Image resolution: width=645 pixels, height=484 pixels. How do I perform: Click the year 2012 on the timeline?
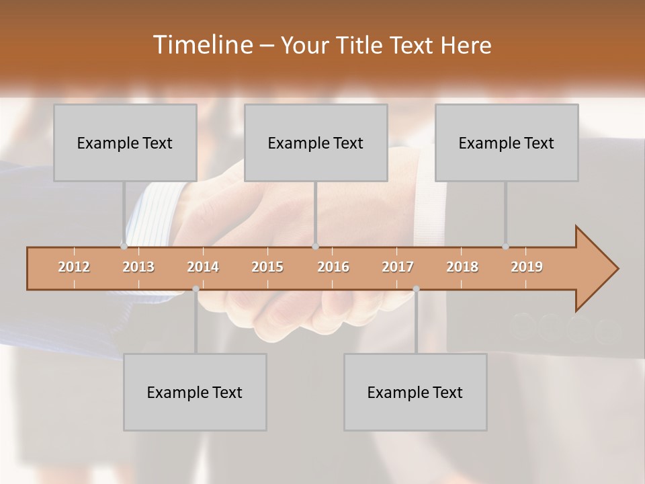[x=74, y=267]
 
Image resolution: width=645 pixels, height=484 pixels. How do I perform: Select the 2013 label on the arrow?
[x=138, y=267]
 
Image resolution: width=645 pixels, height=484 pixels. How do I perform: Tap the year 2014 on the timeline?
[x=203, y=267]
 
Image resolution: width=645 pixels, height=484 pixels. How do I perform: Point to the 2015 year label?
[x=267, y=267]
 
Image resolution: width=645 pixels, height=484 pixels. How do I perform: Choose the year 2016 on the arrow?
[x=333, y=267]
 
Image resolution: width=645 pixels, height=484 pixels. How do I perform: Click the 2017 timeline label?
[x=398, y=267]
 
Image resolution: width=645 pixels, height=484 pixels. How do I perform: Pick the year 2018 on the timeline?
[x=462, y=267]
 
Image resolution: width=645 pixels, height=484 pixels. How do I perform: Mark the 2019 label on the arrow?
[x=527, y=267]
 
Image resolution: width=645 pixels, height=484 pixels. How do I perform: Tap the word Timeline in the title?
[x=201, y=45]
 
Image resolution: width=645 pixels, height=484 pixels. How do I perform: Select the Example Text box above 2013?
[x=125, y=143]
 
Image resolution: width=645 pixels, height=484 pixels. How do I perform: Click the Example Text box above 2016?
[x=316, y=143]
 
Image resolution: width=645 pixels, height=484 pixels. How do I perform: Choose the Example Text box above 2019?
[x=507, y=143]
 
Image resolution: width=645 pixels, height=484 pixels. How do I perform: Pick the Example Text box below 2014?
[x=195, y=392]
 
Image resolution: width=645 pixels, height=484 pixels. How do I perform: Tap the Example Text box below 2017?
[x=415, y=392]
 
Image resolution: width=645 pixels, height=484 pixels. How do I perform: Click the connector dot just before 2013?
[x=124, y=247]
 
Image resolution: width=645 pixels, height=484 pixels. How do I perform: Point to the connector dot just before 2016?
[x=315, y=247]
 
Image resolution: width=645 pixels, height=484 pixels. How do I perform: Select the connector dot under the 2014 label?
[x=196, y=289]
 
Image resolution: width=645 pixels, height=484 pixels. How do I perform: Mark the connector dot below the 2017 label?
[x=416, y=289]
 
